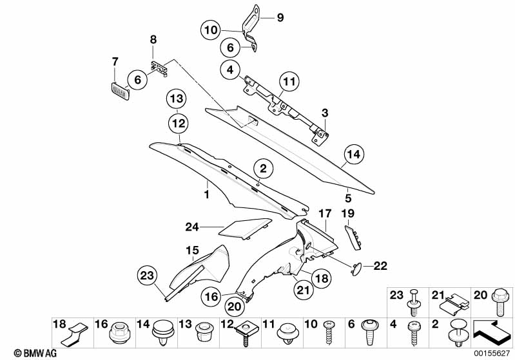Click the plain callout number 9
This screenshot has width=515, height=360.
pyautogui.click(x=280, y=18)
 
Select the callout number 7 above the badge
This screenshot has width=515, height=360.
pyautogui.click(x=115, y=62)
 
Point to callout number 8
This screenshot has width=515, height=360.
pyautogui.click(x=153, y=40)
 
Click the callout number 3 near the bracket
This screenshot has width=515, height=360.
pyautogui.click(x=326, y=113)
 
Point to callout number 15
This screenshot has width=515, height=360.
pyautogui.click(x=192, y=250)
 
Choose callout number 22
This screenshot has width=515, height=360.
pyautogui.click(x=380, y=265)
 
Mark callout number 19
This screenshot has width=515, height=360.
pyautogui.click(x=348, y=213)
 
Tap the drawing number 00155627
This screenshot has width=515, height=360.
pyautogui.click(x=491, y=353)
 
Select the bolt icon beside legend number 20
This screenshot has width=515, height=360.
pyautogui.click(x=500, y=299)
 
